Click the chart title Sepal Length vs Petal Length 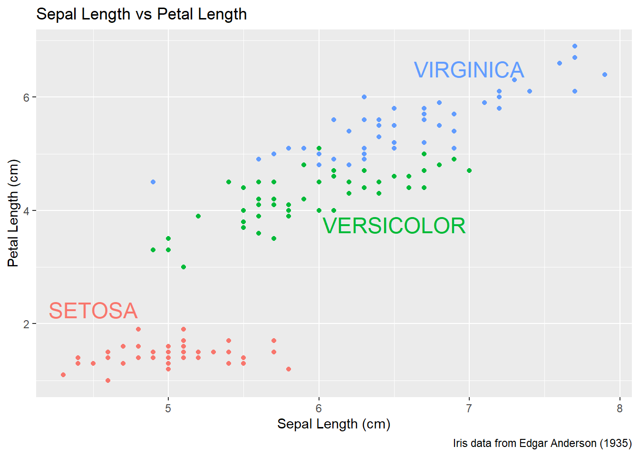(x=141, y=14)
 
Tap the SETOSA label (x=93, y=311)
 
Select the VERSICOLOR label (x=394, y=226)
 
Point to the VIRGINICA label (x=469, y=70)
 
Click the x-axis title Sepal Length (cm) (x=334, y=424)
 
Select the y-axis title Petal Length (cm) (x=13, y=213)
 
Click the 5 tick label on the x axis (x=168, y=408)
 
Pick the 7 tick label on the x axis (x=469, y=408)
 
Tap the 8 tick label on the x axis (x=620, y=408)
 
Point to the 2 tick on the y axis (x=27, y=324)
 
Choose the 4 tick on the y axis (x=27, y=211)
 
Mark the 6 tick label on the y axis (x=27, y=97)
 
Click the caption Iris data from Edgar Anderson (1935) (x=542, y=443)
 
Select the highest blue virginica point (x=575, y=46)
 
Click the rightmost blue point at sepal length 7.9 (x=605, y=75)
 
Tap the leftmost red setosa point (x=63, y=375)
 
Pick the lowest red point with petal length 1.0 (x=108, y=380)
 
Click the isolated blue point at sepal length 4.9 (x=153, y=182)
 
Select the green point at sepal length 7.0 (x=469, y=171)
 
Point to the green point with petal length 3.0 (x=184, y=267)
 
